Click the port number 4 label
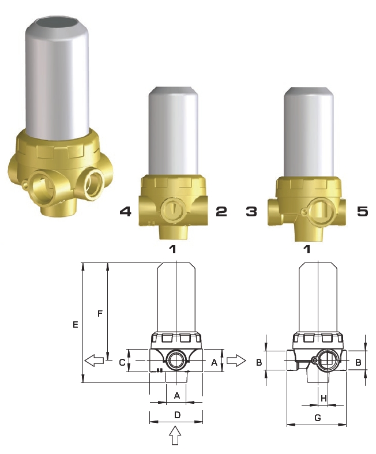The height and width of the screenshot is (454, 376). pos(125,212)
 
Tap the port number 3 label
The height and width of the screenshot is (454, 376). pos(251,212)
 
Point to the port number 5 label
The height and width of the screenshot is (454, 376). pos(362,212)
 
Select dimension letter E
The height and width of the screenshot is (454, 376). pos(75,325)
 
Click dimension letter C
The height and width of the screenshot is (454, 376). pos(122,362)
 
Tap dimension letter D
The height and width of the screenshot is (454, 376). pos(177,415)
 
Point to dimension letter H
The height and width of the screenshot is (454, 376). pos(324,399)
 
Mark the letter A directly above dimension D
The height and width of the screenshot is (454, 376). pos(177,395)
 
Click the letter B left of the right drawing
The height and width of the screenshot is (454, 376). pos(260,362)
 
